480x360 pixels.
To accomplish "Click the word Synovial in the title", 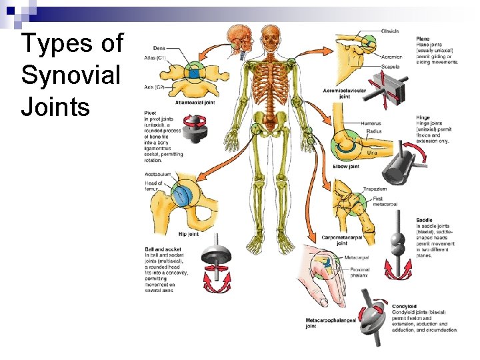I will [x=71, y=75].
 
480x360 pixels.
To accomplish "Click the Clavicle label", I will [x=390, y=31].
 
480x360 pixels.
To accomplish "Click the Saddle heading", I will [x=425, y=219].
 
